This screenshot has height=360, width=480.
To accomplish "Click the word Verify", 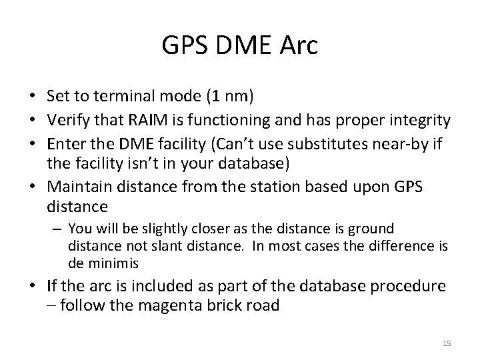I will pyautogui.click(x=75, y=120).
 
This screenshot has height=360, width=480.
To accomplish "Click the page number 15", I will pyautogui.click(x=447, y=343).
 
